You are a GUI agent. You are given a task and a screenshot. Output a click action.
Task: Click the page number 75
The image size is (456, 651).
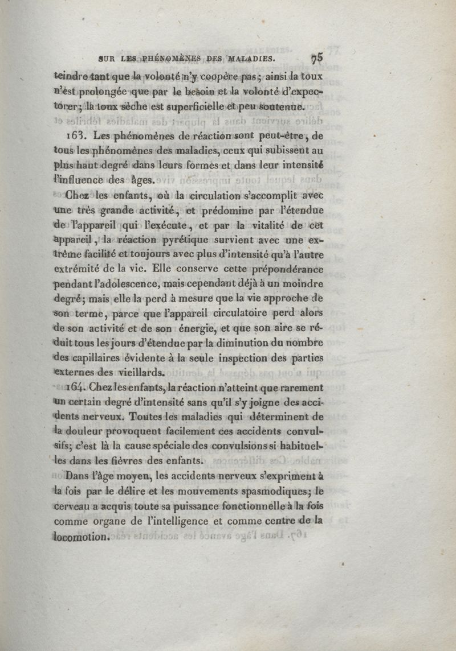317,57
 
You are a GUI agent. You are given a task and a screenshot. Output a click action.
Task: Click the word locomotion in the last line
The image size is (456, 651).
80,536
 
